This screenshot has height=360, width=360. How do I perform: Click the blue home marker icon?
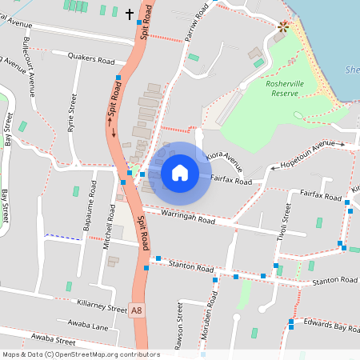[180, 173]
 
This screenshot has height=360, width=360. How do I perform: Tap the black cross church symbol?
[130, 14]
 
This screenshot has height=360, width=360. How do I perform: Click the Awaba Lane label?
[88, 325]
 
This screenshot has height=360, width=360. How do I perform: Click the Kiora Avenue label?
[223, 154]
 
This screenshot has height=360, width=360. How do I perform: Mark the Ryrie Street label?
[73, 112]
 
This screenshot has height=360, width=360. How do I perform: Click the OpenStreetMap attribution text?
[81, 354]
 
